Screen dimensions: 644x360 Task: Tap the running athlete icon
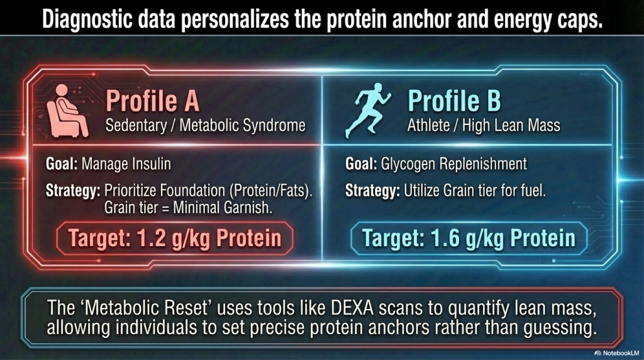tap(367, 110)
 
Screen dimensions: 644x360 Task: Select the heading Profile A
tap(152, 101)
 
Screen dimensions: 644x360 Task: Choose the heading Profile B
tap(454, 101)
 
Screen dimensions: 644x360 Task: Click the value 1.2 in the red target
tap(152, 238)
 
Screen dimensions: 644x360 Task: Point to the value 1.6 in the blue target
tap(446, 238)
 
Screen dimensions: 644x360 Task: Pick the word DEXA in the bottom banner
tap(352, 308)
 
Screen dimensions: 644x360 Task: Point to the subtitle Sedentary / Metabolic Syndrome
tap(206, 125)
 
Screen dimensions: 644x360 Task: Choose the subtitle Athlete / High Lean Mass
tap(484, 125)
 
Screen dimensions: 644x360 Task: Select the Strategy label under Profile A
tap(73, 191)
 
